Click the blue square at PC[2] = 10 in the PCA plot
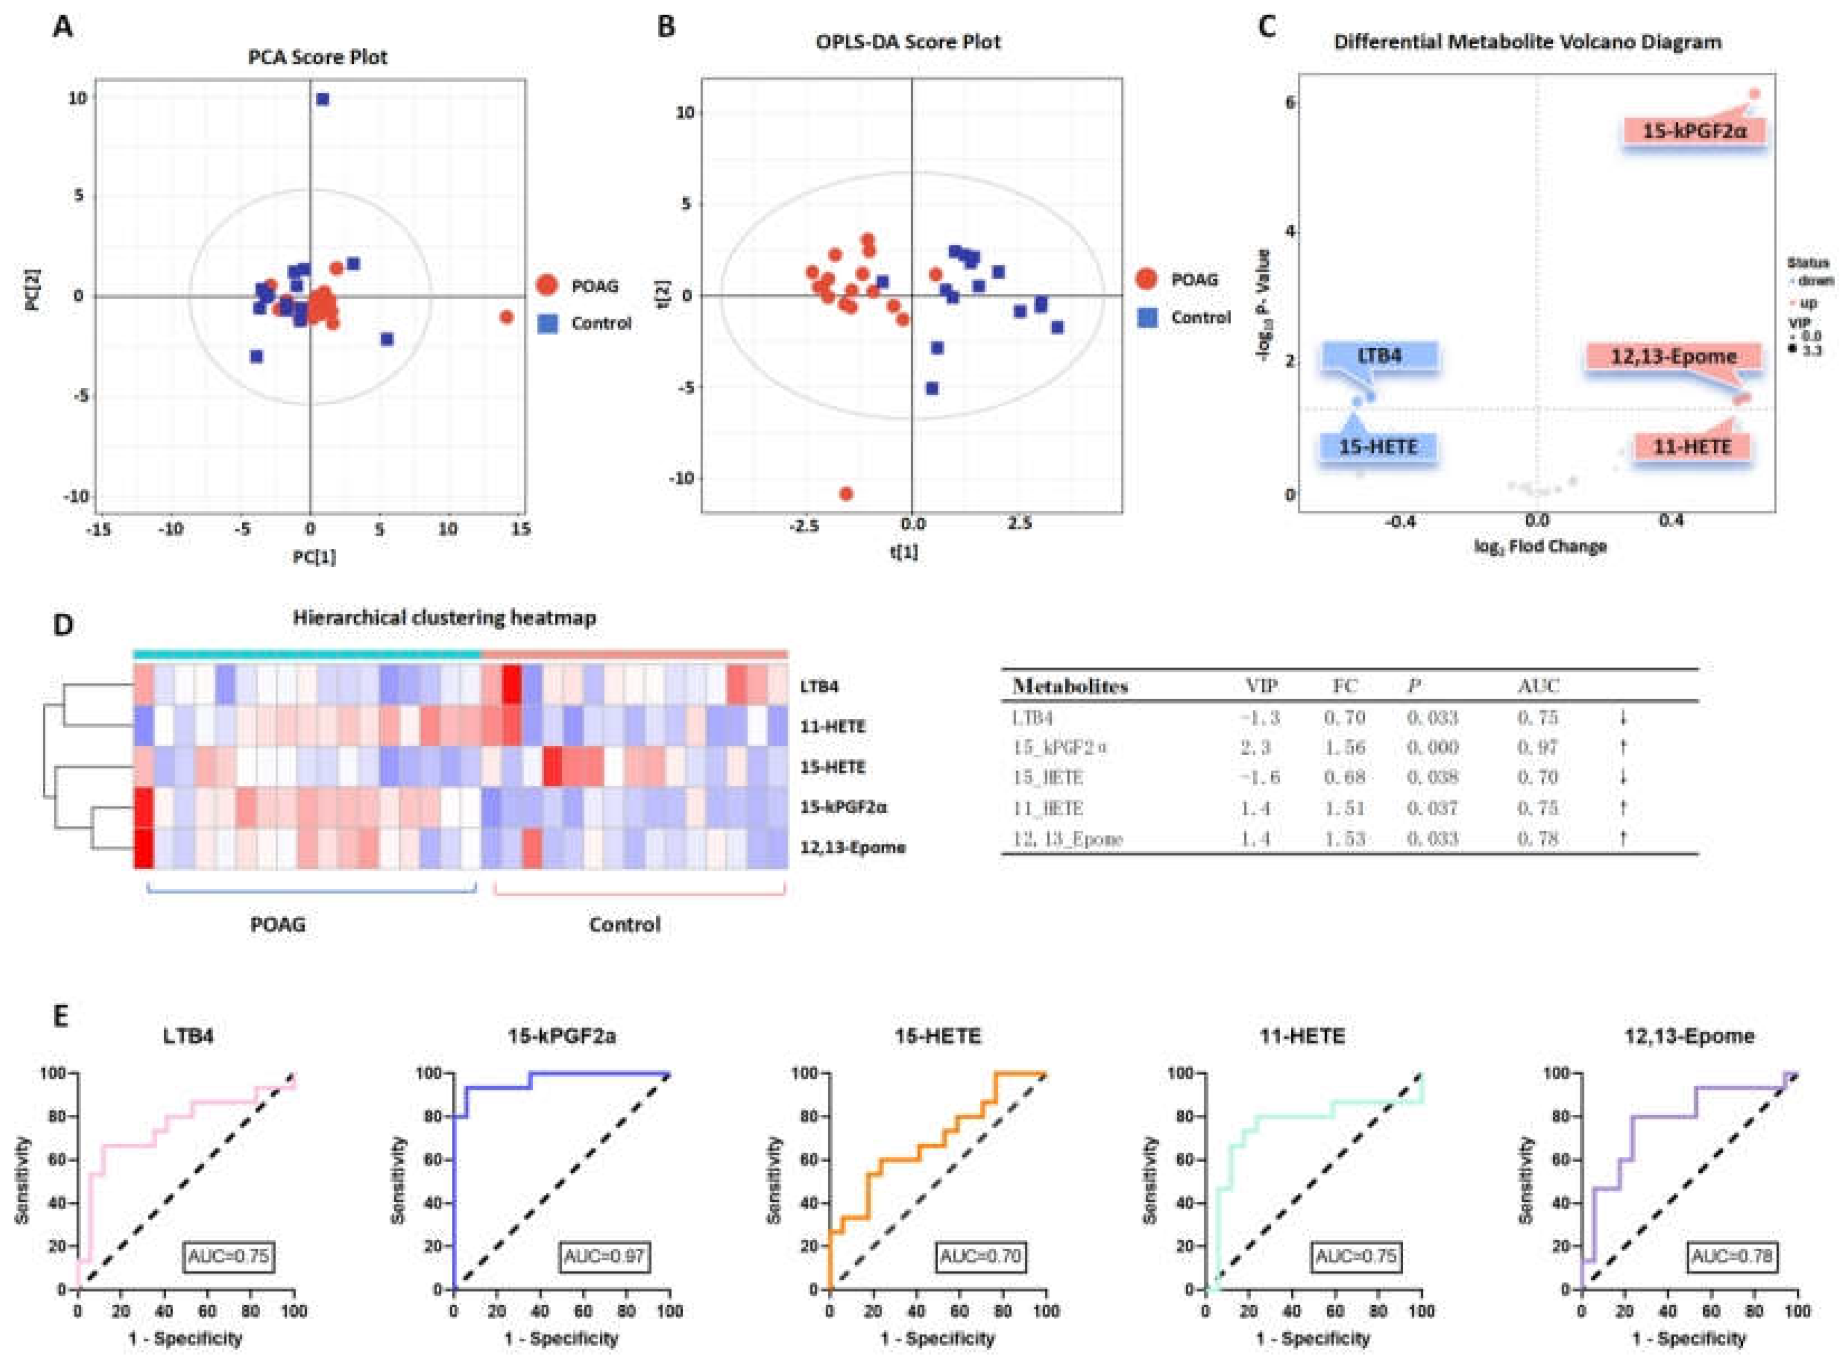322,99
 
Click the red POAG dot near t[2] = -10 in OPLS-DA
845,494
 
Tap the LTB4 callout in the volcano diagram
1380,357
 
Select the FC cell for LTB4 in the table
1343,717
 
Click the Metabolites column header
1070,686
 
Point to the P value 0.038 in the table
1432,777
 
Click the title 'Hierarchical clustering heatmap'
444,618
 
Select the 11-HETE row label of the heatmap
833,727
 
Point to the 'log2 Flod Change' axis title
1539,547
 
